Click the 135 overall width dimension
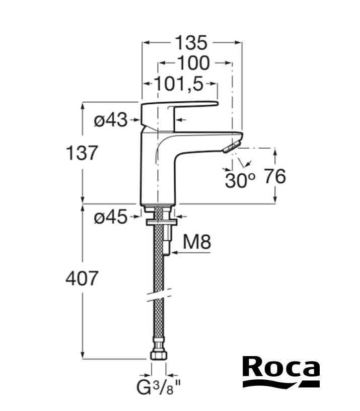[x=191, y=43]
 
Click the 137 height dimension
[x=81, y=153]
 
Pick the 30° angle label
[x=240, y=180]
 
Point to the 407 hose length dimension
[x=81, y=279]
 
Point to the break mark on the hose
[x=159, y=294]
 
